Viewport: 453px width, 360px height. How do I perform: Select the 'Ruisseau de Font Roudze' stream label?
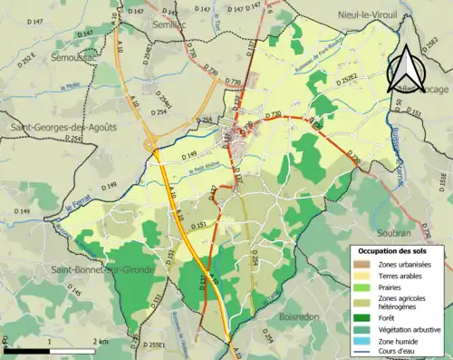click(x=318, y=61)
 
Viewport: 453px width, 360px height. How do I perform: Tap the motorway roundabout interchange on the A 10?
click(x=151, y=143)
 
